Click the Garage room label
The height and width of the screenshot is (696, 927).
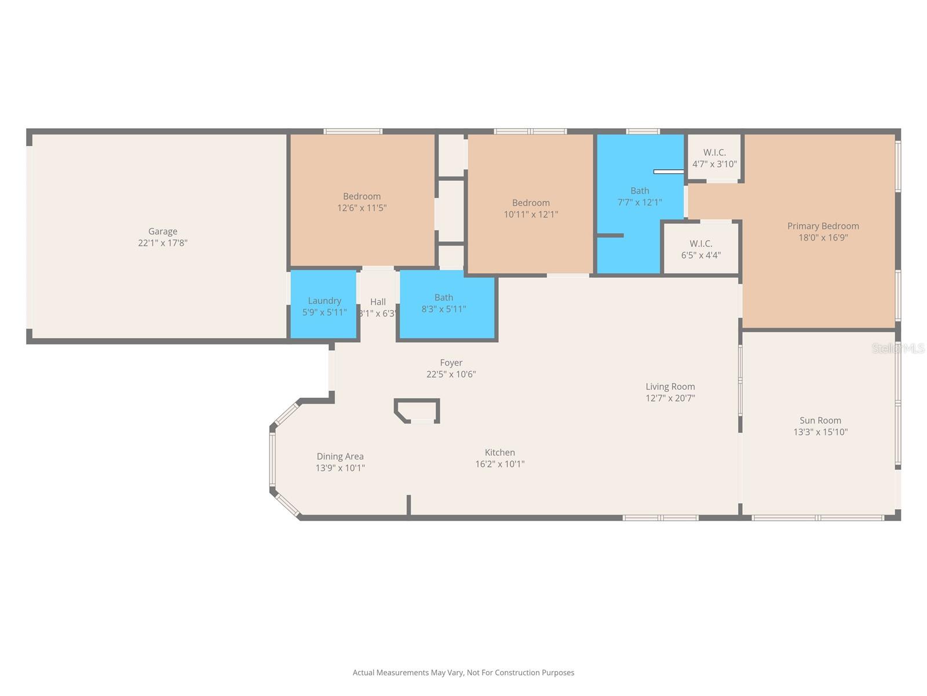coord(162,231)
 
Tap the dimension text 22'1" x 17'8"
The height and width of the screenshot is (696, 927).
coord(162,243)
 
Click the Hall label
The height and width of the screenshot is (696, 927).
coord(378,302)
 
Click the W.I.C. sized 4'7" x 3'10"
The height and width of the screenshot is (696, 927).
coord(714,158)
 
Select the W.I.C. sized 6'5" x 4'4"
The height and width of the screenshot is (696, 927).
coord(700,249)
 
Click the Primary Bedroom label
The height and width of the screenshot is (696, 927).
coord(823,226)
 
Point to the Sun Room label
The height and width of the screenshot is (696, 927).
coord(820,420)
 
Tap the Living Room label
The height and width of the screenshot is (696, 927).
coord(670,386)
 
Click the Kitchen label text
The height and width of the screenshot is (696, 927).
coord(499,452)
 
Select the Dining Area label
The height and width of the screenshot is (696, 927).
coord(340,456)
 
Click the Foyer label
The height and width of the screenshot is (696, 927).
coord(451,362)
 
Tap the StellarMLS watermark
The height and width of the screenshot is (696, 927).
coord(898,348)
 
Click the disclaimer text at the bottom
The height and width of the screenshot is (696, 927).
coord(463,673)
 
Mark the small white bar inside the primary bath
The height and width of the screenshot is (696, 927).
coord(669,172)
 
